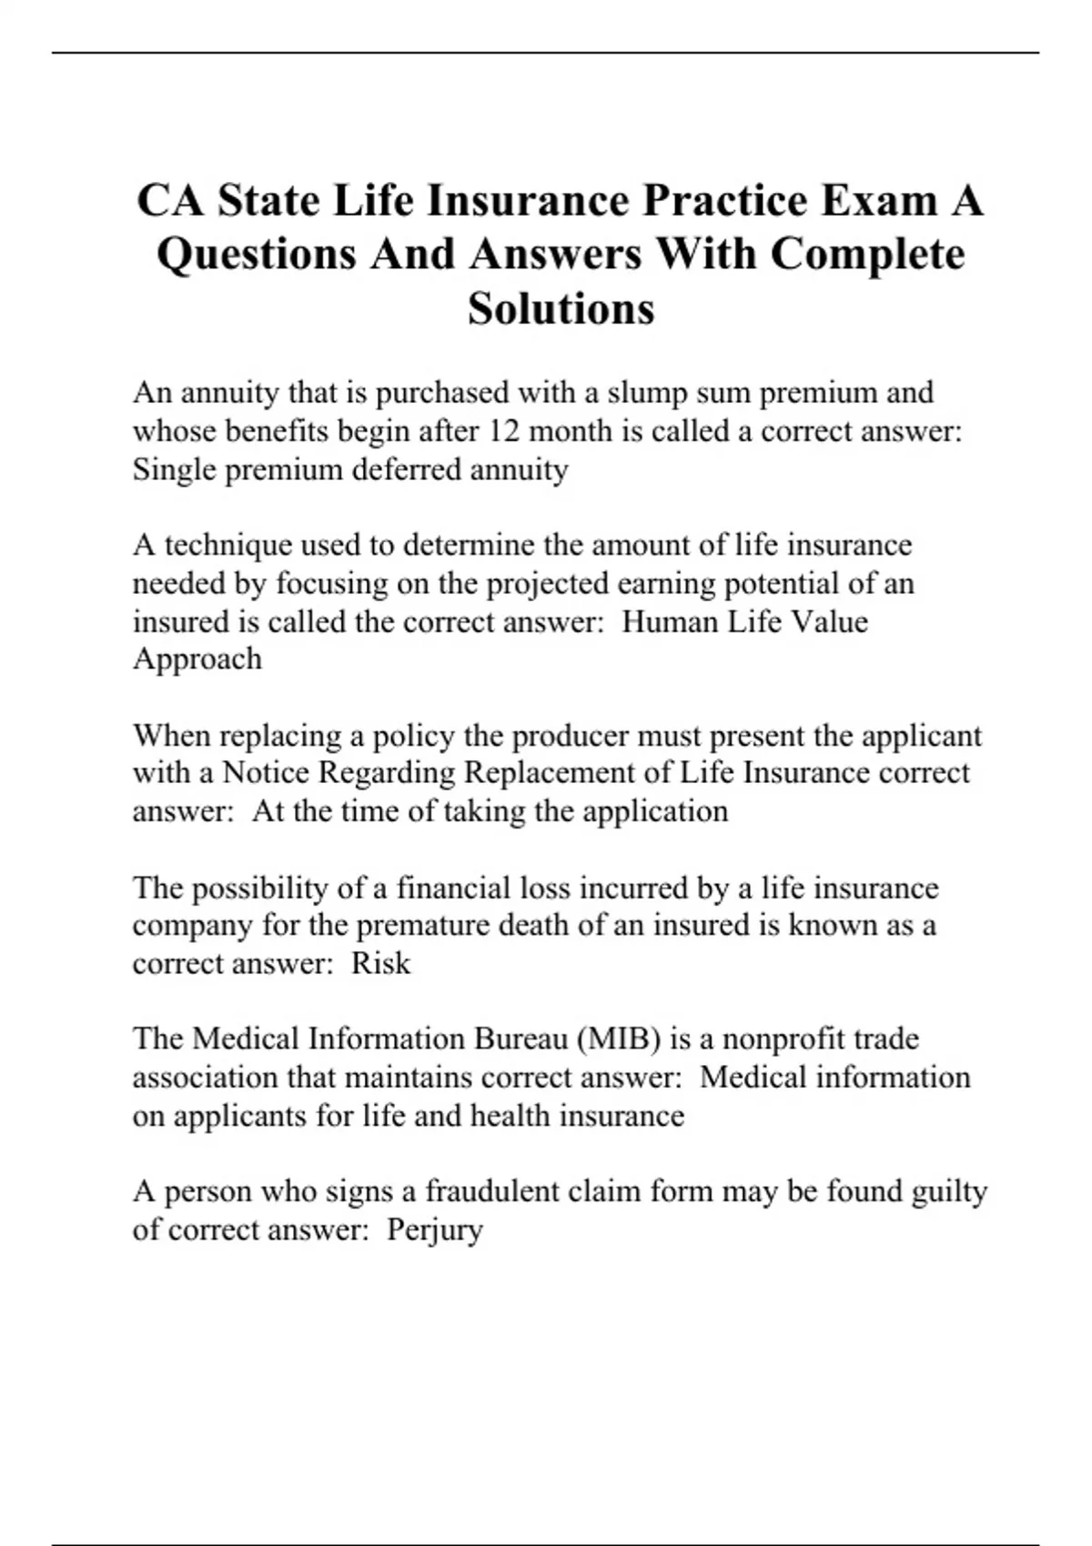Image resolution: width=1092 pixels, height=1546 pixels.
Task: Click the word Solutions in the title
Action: coord(561,308)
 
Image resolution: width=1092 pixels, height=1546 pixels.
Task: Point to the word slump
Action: coord(647,393)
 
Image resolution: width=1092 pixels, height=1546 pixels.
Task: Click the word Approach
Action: coord(197,659)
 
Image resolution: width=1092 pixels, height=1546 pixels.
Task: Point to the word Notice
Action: coord(273,773)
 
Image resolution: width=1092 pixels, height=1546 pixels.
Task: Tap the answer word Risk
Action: coord(380,964)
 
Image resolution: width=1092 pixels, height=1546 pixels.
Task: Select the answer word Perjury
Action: coord(434,1230)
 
